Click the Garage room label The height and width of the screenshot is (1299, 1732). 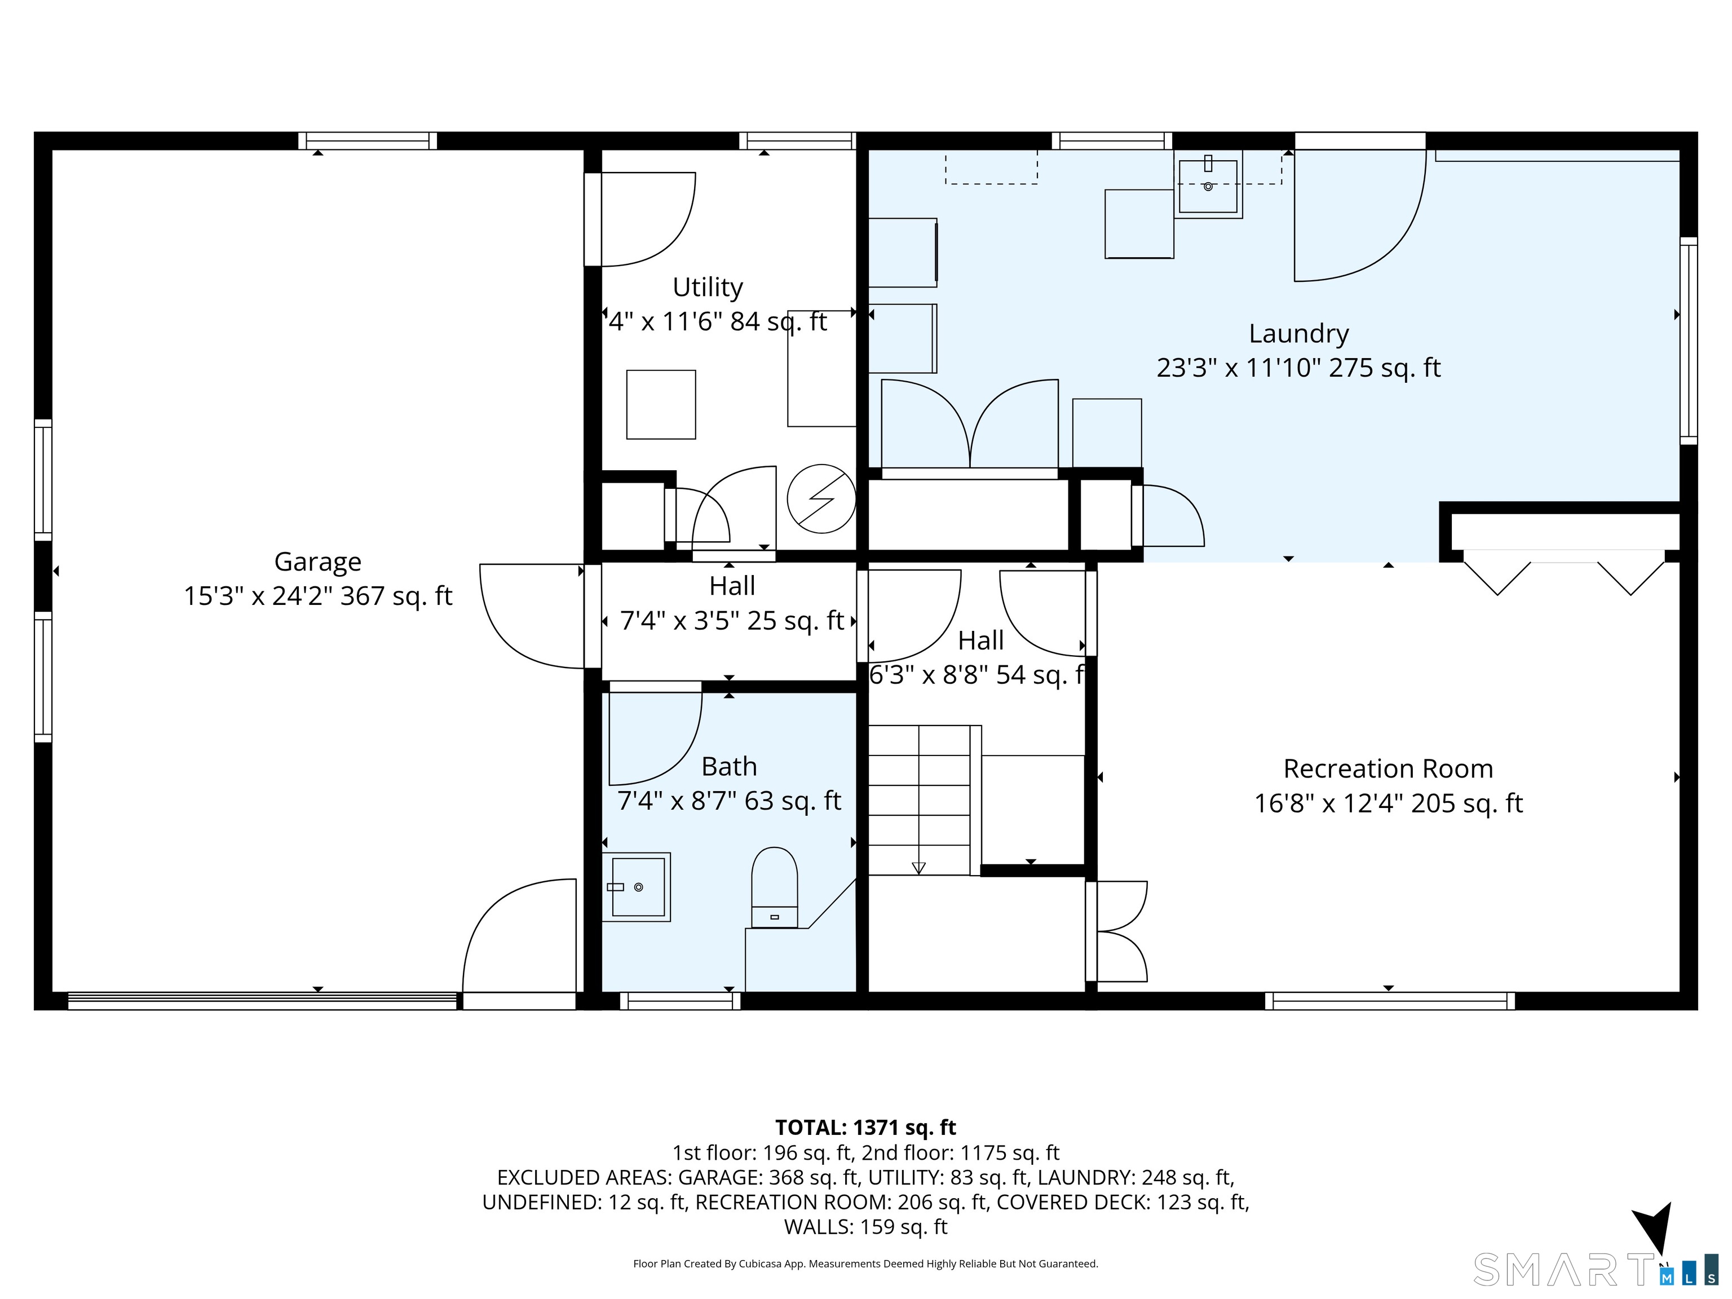(318, 562)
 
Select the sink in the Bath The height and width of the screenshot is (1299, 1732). (637, 886)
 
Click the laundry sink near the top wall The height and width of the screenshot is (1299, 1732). (1208, 185)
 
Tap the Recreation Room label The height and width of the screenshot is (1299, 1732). (1388, 769)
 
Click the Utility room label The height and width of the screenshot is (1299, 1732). (708, 288)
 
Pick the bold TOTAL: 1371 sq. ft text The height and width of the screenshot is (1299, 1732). (865, 1128)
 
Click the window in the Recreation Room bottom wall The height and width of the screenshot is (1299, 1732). (1390, 1001)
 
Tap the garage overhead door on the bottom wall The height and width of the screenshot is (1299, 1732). (262, 1001)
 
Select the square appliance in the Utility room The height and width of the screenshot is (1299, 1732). (661, 404)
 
